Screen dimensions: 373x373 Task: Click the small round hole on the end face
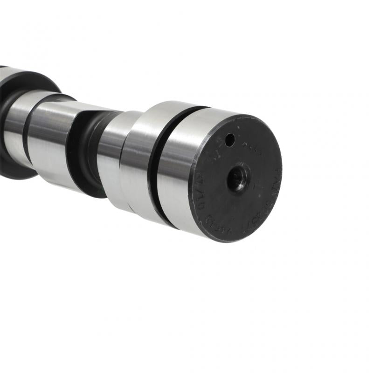coord(229,139)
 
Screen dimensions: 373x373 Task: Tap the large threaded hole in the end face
coord(237,178)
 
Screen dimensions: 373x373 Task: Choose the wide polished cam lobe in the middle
coord(51,140)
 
